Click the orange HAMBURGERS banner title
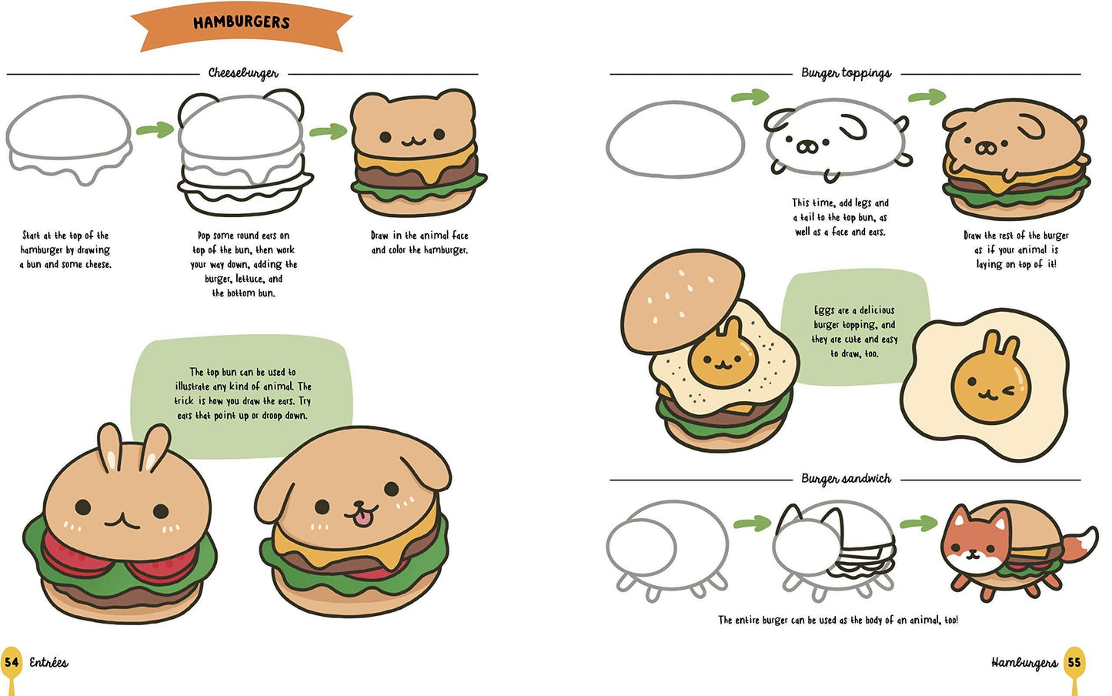pyautogui.click(x=241, y=23)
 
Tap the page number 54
pyautogui.click(x=12, y=662)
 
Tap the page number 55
pyautogui.click(x=1074, y=662)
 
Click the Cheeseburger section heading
pyautogui.click(x=243, y=73)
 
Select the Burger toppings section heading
pyautogui.click(x=846, y=73)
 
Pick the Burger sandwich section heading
pyautogui.click(x=846, y=479)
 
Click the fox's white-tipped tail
pyautogui.click(x=1084, y=541)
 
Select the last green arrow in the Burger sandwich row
pyautogui.click(x=918, y=524)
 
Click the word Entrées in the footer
pyautogui.click(x=48, y=662)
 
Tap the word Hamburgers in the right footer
pyautogui.click(x=1024, y=662)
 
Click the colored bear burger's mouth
pyautogui.click(x=413, y=142)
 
